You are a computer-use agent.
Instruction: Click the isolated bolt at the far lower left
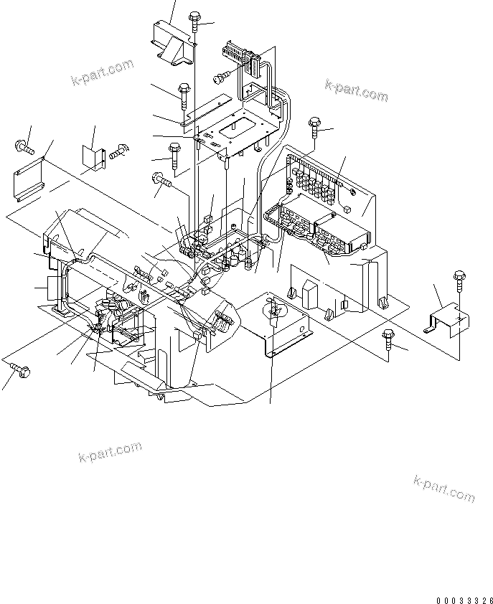tap(19, 370)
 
